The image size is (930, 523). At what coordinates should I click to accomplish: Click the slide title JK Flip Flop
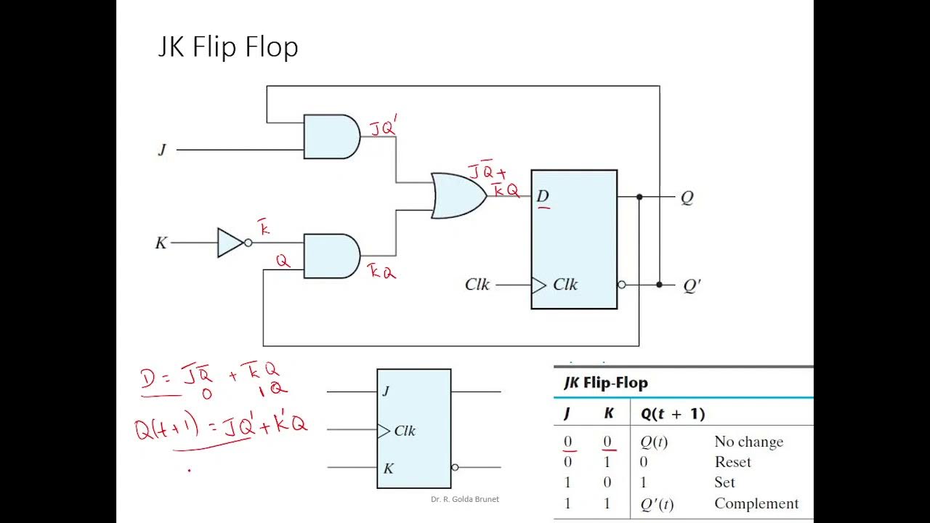click(228, 48)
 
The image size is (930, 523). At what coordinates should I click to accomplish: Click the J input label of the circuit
click(162, 150)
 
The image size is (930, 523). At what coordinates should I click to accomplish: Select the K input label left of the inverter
click(161, 243)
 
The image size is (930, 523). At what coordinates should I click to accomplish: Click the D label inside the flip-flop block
click(542, 196)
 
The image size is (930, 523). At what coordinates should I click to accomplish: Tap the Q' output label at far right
click(692, 285)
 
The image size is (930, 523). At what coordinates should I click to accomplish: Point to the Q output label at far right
click(687, 198)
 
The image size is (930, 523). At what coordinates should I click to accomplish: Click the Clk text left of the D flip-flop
click(477, 285)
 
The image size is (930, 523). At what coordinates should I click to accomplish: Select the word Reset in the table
click(732, 462)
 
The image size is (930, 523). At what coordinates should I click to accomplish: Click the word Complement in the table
click(756, 503)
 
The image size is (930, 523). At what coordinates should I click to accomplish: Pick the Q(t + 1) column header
click(672, 414)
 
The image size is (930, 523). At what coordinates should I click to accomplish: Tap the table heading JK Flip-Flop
click(605, 382)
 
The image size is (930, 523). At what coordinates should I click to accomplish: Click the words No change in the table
click(748, 442)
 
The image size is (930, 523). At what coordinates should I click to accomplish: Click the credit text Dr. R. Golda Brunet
click(465, 499)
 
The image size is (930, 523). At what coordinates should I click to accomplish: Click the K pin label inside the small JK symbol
click(388, 469)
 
